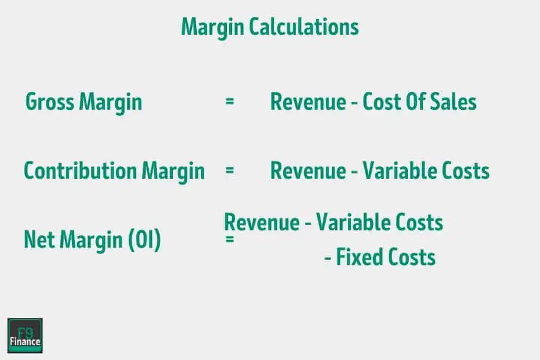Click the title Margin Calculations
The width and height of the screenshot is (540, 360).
270,26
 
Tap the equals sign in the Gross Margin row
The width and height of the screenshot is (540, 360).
229,101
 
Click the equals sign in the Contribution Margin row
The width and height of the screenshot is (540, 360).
229,170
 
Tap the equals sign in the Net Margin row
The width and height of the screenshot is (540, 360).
229,239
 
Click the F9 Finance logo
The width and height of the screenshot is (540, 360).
25,335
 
